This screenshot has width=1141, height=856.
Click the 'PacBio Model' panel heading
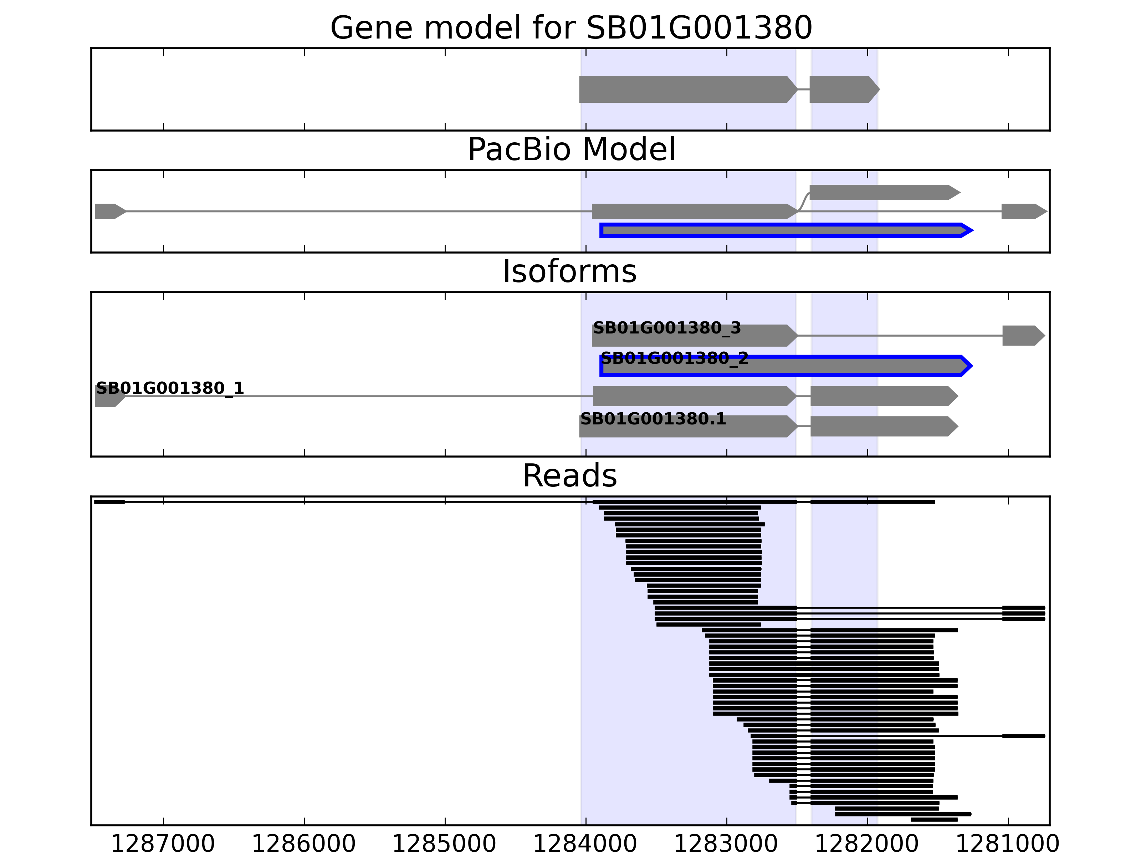click(x=571, y=150)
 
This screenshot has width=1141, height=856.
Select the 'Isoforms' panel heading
click(x=569, y=271)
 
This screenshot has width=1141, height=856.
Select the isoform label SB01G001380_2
click(x=675, y=358)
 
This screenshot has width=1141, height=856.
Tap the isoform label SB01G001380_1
click(x=170, y=388)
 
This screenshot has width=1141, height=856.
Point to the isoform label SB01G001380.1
click(x=653, y=419)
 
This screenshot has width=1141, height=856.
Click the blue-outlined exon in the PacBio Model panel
click(x=784, y=230)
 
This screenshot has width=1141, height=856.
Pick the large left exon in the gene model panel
click(x=686, y=89)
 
